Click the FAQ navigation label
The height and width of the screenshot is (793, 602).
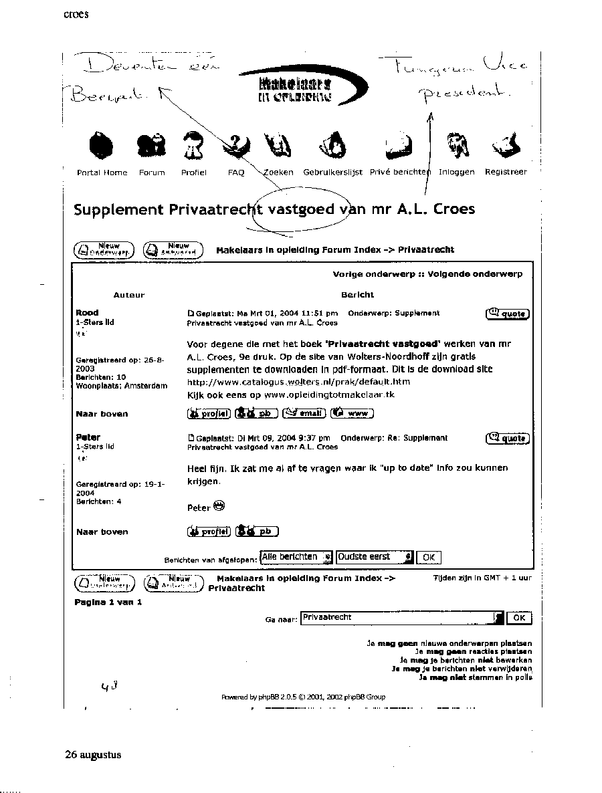click(x=236, y=173)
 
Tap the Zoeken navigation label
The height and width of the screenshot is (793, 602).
click(x=278, y=173)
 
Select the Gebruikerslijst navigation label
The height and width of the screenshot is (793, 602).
click(x=332, y=173)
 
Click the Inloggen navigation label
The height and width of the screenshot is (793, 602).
click(x=457, y=173)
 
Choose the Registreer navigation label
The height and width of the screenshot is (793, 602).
click(x=506, y=173)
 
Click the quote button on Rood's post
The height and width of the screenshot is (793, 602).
click(x=508, y=314)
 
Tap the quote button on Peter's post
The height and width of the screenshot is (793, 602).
click(x=508, y=439)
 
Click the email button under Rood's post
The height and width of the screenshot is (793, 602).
click(x=304, y=413)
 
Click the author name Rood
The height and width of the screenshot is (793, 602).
click(x=87, y=313)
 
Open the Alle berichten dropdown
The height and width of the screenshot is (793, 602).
click(x=296, y=557)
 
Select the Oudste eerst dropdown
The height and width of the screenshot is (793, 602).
click(x=375, y=557)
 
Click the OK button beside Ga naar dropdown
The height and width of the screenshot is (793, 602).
click(x=519, y=618)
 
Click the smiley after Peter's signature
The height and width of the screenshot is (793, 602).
click(x=219, y=506)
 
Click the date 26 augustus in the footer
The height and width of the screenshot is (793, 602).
click(x=93, y=754)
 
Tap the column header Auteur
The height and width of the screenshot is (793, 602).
click(x=129, y=295)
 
